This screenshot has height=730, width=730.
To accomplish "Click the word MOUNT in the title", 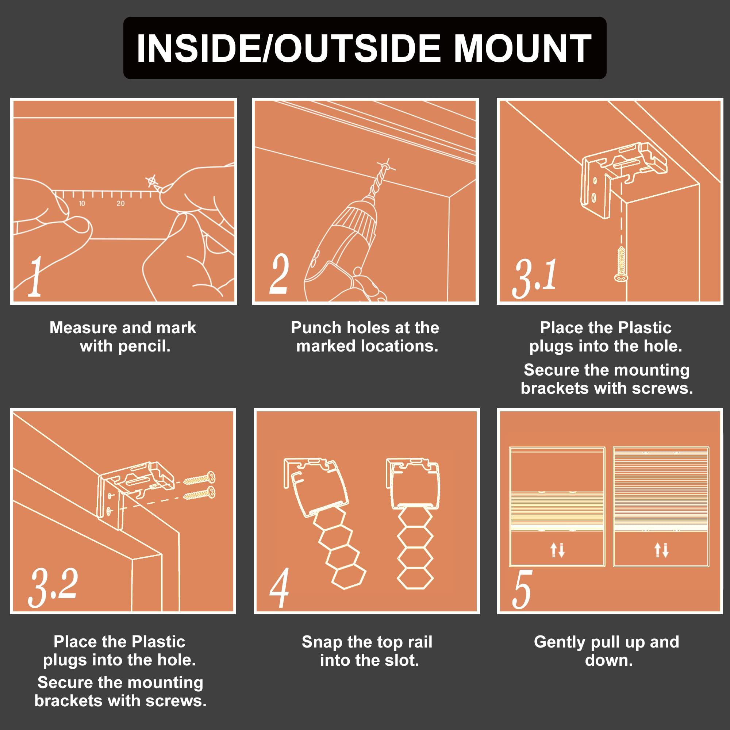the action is [x=522, y=49].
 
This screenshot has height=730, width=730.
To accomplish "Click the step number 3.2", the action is [x=53, y=587].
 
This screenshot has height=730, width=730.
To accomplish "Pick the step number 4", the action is [x=279, y=588].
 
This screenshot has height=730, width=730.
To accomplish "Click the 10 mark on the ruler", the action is [x=82, y=204].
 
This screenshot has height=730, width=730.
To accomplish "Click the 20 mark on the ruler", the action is [x=120, y=204].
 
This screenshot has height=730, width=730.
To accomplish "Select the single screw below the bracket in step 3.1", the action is [x=621, y=264].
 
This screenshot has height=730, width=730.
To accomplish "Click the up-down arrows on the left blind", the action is [x=557, y=550].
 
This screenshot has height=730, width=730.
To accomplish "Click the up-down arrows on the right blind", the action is [x=661, y=550].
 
